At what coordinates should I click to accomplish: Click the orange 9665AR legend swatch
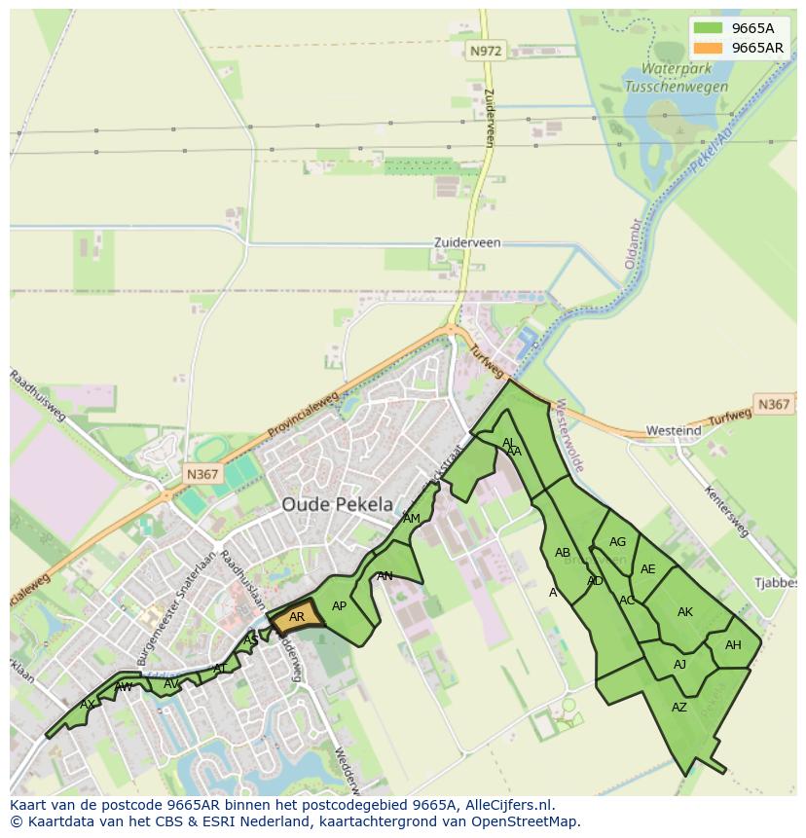[709, 48]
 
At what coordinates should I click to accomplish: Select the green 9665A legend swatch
[709, 28]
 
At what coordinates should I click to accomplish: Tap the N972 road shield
[485, 52]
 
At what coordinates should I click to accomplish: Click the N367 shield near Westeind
[774, 404]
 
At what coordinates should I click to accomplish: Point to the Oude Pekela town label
[338, 504]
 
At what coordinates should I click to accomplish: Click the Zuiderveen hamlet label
[467, 242]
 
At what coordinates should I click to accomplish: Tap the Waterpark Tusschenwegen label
[677, 78]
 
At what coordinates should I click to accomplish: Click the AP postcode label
[339, 606]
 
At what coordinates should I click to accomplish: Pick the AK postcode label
[684, 612]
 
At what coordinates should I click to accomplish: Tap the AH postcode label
[733, 645]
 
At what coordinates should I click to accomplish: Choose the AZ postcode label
[679, 708]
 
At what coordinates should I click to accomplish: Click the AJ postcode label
[679, 665]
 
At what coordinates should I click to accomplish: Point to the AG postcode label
[617, 542]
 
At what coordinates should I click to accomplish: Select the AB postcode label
[562, 553]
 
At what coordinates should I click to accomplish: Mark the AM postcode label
[412, 519]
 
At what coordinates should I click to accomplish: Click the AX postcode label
[88, 705]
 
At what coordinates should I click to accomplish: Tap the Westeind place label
[674, 430]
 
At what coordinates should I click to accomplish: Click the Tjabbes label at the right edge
[775, 582]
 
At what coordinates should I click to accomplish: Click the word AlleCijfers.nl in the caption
[506, 805]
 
